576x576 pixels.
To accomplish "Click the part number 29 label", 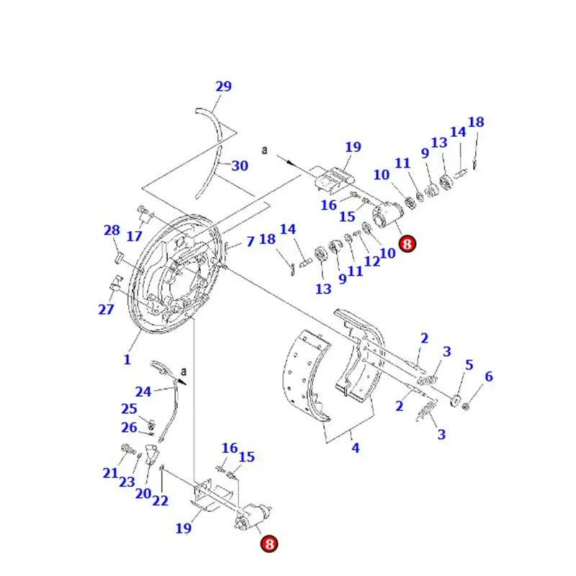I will pos(223,86).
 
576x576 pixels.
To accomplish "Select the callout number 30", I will pos(240,166).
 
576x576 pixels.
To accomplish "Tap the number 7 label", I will pos(250,241).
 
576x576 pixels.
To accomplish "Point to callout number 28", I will pos(112,230).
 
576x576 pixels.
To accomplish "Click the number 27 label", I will pos(106,310).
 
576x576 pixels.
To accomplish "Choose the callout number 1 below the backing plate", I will pos(127,359).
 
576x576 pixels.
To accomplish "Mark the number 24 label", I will pos(143,392).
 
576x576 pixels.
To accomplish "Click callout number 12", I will pos(372,261).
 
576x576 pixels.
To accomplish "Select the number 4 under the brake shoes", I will pos(355,448).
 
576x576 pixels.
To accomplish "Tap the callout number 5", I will pos(469,365).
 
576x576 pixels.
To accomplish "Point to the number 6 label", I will pos(489,377).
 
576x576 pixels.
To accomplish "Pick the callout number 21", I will pos(109,472).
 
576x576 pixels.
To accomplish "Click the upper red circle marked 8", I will pos(407,245).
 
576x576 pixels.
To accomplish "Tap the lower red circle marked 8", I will pos(269,545).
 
